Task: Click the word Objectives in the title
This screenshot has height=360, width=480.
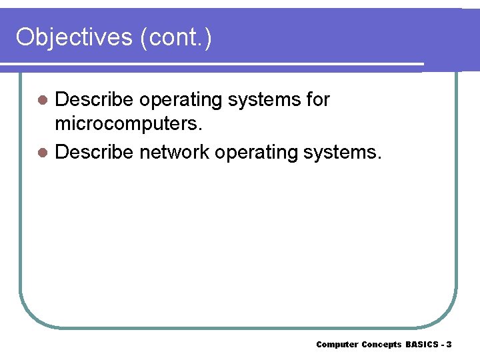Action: (75, 37)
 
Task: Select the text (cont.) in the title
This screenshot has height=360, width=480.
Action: (176, 37)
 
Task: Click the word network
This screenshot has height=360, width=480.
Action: (175, 152)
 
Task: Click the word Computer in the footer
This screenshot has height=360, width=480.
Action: (337, 345)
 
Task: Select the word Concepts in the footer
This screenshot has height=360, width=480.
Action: (381, 345)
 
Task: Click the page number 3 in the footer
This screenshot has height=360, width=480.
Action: (449, 345)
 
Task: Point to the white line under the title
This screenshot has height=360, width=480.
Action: (213, 65)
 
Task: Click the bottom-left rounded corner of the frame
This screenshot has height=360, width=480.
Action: (30, 317)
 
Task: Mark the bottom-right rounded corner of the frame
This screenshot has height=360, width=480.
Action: (447, 317)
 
